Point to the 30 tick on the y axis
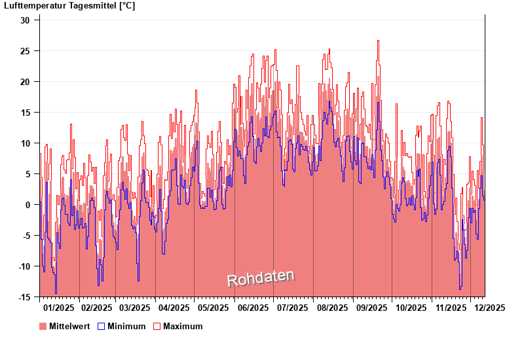click(25, 20)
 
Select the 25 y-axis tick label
click(25, 51)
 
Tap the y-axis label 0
click(28, 205)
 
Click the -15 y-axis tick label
click(23, 297)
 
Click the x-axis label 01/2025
click(58, 308)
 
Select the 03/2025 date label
click(135, 308)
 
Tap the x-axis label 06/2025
click(253, 308)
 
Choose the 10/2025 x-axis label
click(411, 308)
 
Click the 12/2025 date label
click(489, 308)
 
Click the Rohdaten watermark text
click(261, 278)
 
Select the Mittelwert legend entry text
click(69, 327)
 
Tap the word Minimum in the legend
click(126, 327)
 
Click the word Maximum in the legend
click(183, 327)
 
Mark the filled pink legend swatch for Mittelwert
click(43, 327)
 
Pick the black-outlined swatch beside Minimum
click(101, 327)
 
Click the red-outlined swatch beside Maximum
click(157, 327)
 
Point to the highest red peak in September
click(378, 41)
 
